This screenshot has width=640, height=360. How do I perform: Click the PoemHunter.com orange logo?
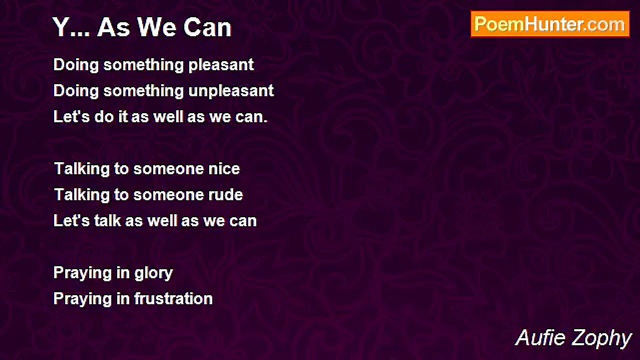click(x=550, y=24)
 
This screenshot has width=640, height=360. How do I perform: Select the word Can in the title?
click(x=207, y=27)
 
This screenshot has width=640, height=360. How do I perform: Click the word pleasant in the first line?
click(x=221, y=65)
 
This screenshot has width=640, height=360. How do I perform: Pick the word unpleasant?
click(x=231, y=91)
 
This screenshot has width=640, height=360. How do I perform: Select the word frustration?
click(x=173, y=298)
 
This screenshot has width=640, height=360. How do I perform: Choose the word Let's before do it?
click(x=71, y=116)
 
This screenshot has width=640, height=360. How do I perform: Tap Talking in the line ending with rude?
click(x=82, y=195)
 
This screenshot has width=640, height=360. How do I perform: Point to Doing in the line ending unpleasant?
click(x=76, y=91)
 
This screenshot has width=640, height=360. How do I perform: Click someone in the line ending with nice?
click(x=168, y=168)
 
